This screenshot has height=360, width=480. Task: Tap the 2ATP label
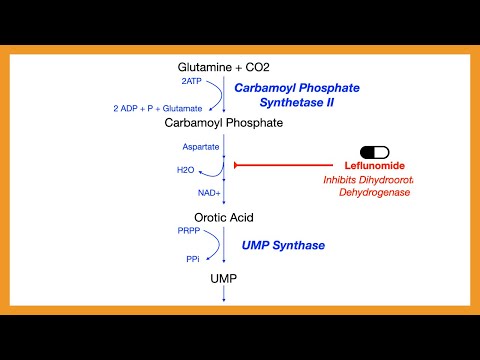click(191, 81)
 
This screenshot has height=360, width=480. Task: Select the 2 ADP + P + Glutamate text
click(157, 107)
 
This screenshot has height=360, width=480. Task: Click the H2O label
click(186, 170)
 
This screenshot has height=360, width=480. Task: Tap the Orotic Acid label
click(224, 217)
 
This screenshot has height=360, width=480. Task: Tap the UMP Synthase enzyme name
click(283, 244)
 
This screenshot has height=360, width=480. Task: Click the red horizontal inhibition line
click(290, 165)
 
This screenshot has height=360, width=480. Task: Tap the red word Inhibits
click(342, 179)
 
